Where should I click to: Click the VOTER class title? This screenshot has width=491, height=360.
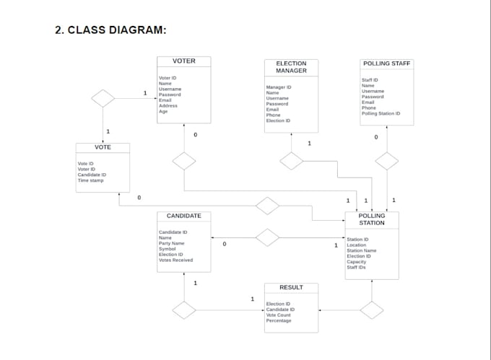tap(183, 61)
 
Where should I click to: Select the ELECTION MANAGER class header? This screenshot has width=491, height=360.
tap(291, 67)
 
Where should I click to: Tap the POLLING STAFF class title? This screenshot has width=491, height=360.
tap(386, 63)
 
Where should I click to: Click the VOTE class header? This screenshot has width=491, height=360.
tap(103, 147)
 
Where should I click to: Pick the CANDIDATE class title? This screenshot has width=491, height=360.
tap(183, 216)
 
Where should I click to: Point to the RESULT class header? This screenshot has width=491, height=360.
tap(291, 287)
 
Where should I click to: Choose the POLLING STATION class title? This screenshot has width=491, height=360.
tap(372, 219)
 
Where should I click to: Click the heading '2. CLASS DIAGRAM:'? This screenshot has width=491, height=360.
tap(111, 30)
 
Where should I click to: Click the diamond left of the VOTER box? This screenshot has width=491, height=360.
tap(103, 98)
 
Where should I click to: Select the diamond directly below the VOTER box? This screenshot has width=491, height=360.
tap(184, 161)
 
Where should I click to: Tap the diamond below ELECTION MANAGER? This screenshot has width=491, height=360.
tap(291, 161)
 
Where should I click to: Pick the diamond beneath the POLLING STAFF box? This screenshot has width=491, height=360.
tap(387, 161)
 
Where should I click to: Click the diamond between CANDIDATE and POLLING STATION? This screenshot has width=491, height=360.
tap(267, 237)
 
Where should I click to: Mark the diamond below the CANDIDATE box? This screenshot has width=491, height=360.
tap(184, 310)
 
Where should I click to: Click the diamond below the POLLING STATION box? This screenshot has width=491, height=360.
tap(372, 310)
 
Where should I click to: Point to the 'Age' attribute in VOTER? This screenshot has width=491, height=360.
tap(163, 111)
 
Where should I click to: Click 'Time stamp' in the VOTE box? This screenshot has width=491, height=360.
tap(90, 180)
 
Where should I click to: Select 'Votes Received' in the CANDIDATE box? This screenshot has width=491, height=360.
tap(175, 260)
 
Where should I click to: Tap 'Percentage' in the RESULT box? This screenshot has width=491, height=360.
tap(279, 320)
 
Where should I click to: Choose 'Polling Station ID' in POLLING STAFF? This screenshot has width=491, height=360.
tap(381, 113)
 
